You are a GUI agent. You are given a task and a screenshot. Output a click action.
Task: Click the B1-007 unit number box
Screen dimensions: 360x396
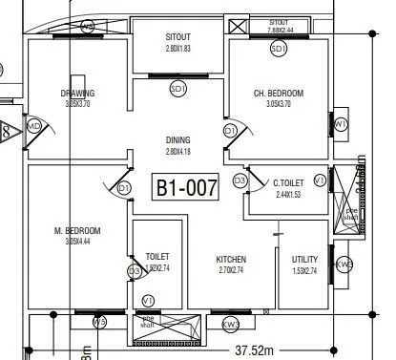click(187, 186)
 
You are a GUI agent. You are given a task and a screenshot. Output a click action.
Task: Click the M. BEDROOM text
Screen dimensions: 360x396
click(77, 231)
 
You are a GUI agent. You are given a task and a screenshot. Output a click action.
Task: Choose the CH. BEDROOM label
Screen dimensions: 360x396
click(278, 93)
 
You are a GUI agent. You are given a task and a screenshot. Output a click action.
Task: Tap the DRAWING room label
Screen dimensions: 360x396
click(76, 93)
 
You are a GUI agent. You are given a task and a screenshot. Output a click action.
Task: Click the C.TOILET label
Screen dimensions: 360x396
click(288, 182)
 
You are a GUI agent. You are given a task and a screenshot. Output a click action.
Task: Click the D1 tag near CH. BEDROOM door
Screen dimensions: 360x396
click(230, 130)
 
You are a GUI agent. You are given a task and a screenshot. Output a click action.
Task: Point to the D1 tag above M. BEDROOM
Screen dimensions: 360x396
click(124, 189)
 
